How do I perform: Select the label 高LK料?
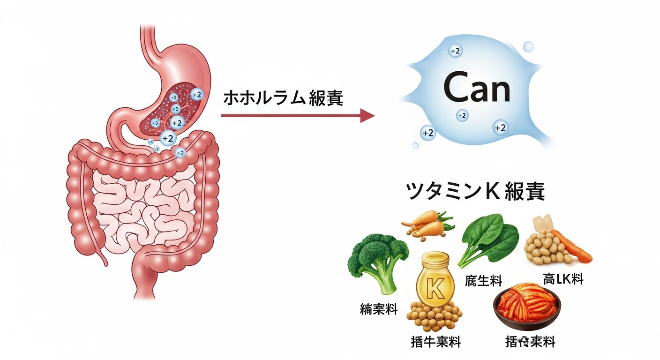coord(562,279)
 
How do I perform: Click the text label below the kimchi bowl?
coord(530,342)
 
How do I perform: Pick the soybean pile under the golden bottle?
coord(434,317)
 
